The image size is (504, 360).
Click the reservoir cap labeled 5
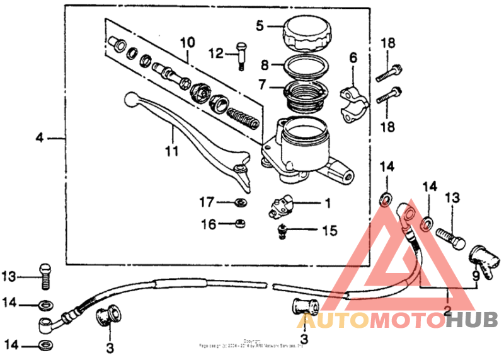pyautogui.click(x=305, y=33)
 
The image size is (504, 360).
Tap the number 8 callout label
pyautogui.click(x=265, y=64)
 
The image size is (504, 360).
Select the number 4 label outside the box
pyautogui.click(x=39, y=137)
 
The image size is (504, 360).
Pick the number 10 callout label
pyautogui.click(x=187, y=43)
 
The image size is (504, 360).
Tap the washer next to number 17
pyautogui.click(x=240, y=202)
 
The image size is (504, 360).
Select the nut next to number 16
pyautogui.click(x=241, y=223)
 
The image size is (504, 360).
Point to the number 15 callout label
pyautogui.click(x=329, y=231)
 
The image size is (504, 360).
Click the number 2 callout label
pyautogui.click(x=448, y=310)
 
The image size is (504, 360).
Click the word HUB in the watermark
pyautogui.click(x=471, y=320)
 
